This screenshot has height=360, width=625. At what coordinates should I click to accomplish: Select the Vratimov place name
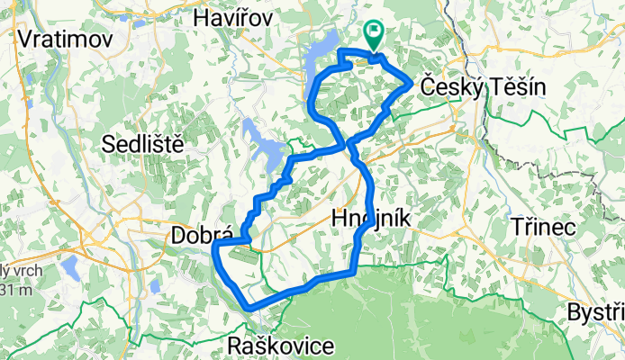tap(64, 40)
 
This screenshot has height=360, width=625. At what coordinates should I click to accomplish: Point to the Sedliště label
tap(143, 142)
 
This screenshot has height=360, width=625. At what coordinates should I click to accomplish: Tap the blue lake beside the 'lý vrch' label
tap(69, 266)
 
